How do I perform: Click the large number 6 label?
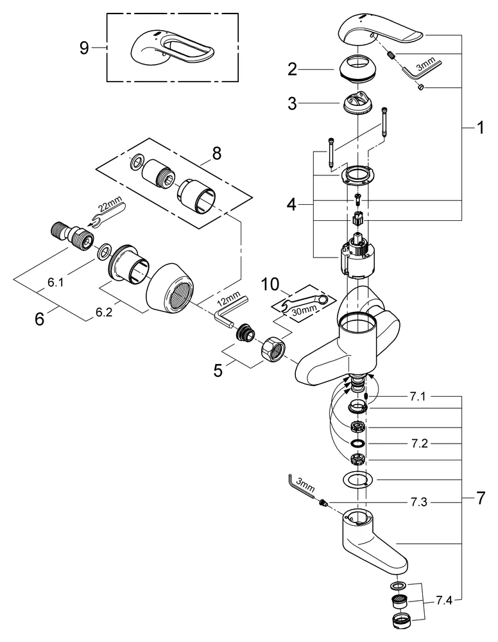coord(40,319)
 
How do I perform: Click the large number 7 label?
coord(480,498)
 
